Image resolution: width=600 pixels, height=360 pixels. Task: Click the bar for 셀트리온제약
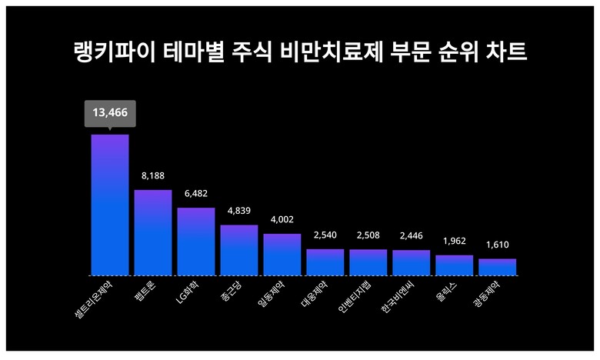[x=109, y=205]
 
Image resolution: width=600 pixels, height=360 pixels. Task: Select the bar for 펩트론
[x=152, y=232]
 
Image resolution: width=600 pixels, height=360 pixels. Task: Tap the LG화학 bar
[x=195, y=242]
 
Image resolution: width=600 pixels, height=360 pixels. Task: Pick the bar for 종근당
[x=238, y=250]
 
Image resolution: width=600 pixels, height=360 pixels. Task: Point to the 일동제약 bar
[x=282, y=255]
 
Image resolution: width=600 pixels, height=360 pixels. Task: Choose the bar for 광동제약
[x=497, y=267]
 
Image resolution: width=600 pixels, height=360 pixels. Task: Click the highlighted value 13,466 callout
[x=109, y=113]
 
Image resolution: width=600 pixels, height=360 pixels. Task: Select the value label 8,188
[x=152, y=175]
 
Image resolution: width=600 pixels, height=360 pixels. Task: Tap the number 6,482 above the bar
[x=195, y=193]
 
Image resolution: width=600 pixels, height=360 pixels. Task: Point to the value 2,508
[x=368, y=235]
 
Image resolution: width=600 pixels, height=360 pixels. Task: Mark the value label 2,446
[x=411, y=235]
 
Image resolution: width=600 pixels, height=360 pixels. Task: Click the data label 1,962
[x=454, y=241]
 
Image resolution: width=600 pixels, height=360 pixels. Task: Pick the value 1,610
[x=497, y=245]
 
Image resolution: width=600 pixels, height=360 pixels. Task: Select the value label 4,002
[x=282, y=219]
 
